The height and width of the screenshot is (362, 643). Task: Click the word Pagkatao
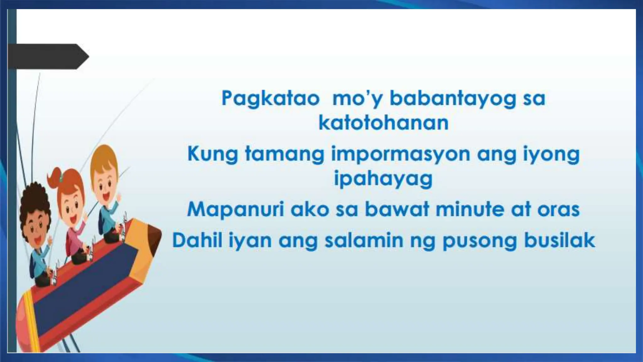coord(270,98)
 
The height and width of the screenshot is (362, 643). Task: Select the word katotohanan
coord(383,123)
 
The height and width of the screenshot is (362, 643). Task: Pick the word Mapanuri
coord(235,209)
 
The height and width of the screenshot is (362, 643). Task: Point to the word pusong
coord(479,241)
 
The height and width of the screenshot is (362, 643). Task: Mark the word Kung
coord(212,155)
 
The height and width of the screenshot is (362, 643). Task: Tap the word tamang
coord(284,155)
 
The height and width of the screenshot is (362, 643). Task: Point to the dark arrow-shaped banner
coord(47,57)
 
